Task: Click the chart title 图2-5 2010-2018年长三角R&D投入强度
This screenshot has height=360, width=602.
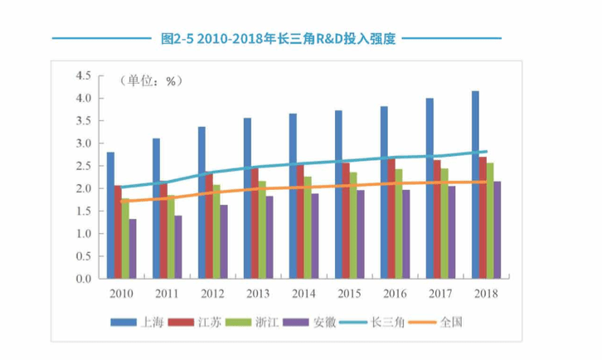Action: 277,38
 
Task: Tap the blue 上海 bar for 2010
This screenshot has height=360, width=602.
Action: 110,216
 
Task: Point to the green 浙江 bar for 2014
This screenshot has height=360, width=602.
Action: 308,227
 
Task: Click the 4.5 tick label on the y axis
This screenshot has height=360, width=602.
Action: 83,75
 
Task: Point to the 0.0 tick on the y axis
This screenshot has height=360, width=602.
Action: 83,279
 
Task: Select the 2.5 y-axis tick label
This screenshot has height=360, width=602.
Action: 83,166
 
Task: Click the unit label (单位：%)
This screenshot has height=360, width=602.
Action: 151,81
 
